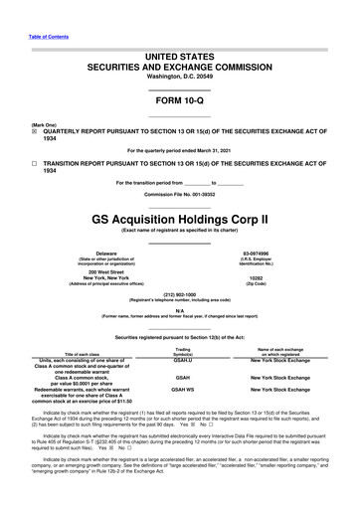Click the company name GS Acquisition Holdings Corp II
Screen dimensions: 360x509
coord(179,215)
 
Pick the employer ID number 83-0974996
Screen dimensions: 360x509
coord(282,253)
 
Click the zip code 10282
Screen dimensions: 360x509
coord(282,278)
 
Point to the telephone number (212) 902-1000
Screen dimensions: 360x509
coord(179,294)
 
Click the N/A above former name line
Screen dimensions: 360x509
coord(179,310)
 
